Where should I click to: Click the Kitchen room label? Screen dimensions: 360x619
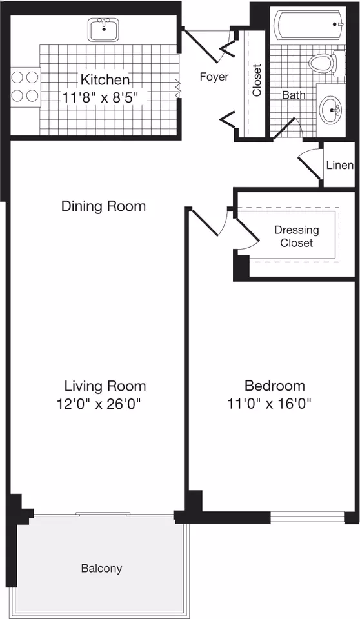[105, 80]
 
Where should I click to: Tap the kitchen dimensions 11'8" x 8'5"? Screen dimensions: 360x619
[102, 97]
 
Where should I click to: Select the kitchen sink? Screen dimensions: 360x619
[103, 30]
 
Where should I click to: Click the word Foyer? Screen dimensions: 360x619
[214, 77]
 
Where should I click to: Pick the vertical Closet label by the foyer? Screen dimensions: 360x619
[257, 80]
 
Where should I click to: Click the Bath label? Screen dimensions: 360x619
[294, 95]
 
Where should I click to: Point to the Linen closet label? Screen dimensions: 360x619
[340, 165]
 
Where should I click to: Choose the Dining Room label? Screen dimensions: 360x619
[103, 206]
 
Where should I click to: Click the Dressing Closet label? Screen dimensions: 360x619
[297, 236]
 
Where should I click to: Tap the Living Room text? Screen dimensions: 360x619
[105, 386]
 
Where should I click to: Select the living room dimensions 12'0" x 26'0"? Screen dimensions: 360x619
[99, 404]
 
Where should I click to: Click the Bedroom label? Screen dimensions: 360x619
[275, 386]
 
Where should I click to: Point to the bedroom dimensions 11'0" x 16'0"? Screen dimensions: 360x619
[269, 404]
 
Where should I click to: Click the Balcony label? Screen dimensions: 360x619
[101, 568]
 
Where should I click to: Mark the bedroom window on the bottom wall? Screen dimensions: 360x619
[308, 516]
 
